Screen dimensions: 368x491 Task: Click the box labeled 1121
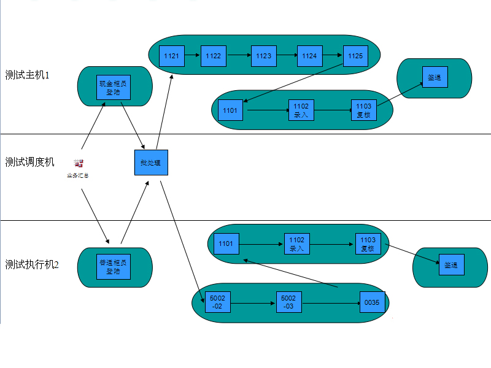[172, 56]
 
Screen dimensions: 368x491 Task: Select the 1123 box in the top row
[264, 56]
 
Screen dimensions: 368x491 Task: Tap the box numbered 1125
[355, 56]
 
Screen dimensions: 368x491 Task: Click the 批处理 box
[151, 163]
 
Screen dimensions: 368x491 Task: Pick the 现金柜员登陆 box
[114, 88]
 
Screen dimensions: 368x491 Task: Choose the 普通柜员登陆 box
[114, 267]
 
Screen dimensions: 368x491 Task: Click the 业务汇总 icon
[78, 164]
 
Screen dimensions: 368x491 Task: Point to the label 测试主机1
[27, 75]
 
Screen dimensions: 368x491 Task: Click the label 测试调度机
[29, 162]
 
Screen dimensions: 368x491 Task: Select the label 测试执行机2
[32, 264]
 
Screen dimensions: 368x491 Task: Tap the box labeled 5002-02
[218, 302]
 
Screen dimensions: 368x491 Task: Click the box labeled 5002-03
[288, 302]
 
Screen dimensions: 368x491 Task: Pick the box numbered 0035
[373, 302]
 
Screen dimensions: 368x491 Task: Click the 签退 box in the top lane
[435, 78]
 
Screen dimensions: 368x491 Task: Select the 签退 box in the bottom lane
[450, 265]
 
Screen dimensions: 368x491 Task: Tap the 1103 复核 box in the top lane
[364, 110]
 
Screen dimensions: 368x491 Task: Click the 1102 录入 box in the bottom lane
[296, 243]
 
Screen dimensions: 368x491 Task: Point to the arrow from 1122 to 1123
[239, 56]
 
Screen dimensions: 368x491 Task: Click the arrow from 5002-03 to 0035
[331, 302]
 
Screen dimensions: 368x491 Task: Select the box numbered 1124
[309, 56]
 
